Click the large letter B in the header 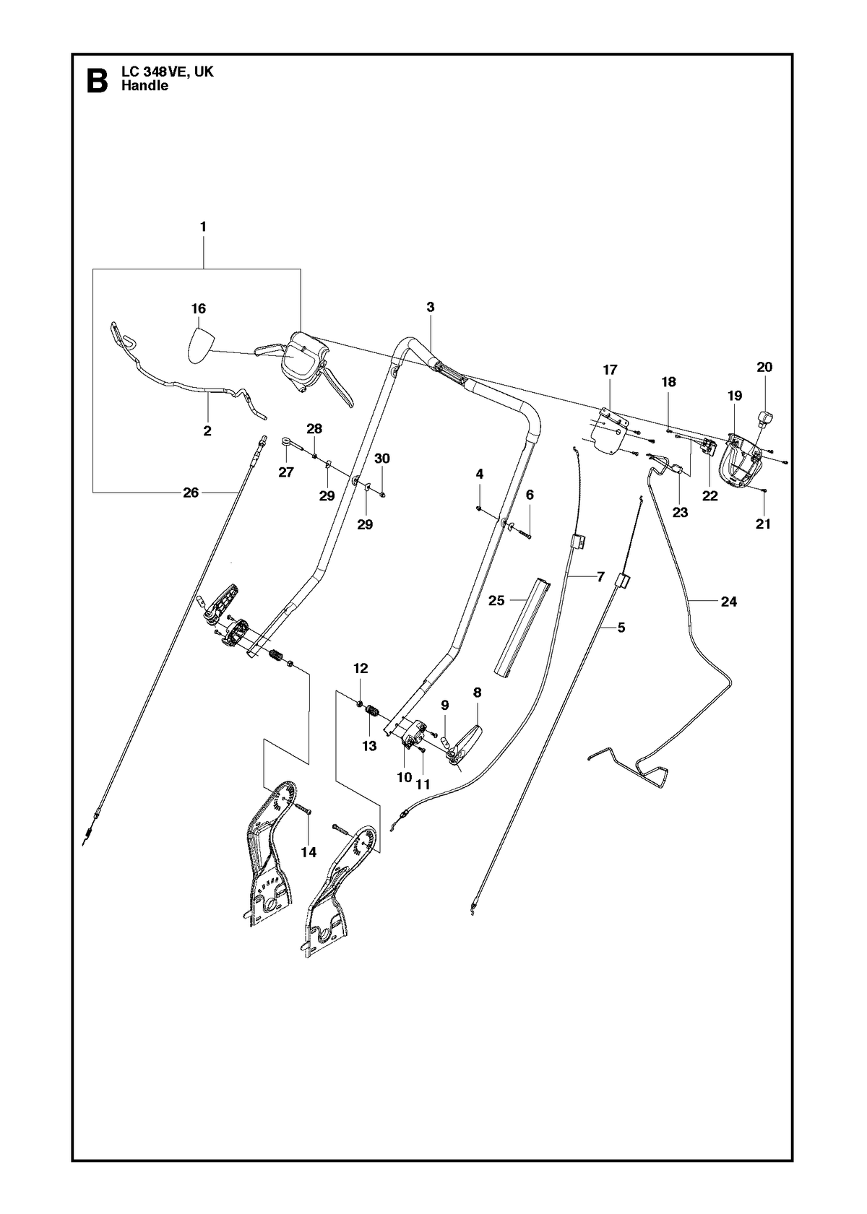click(x=98, y=79)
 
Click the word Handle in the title click(x=144, y=86)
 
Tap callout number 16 click(x=199, y=308)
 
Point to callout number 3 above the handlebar click(x=431, y=307)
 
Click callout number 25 click(x=496, y=600)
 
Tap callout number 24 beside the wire click(x=729, y=601)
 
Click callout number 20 click(x=764, y=367)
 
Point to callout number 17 click(x=610, y=370)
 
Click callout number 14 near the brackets click(x=309, y=852)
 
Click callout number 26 click(x=191, y=493)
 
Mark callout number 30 click(x=382, y=459)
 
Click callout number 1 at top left click(x=203, y=227)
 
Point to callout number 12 click(x=361, y=669)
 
